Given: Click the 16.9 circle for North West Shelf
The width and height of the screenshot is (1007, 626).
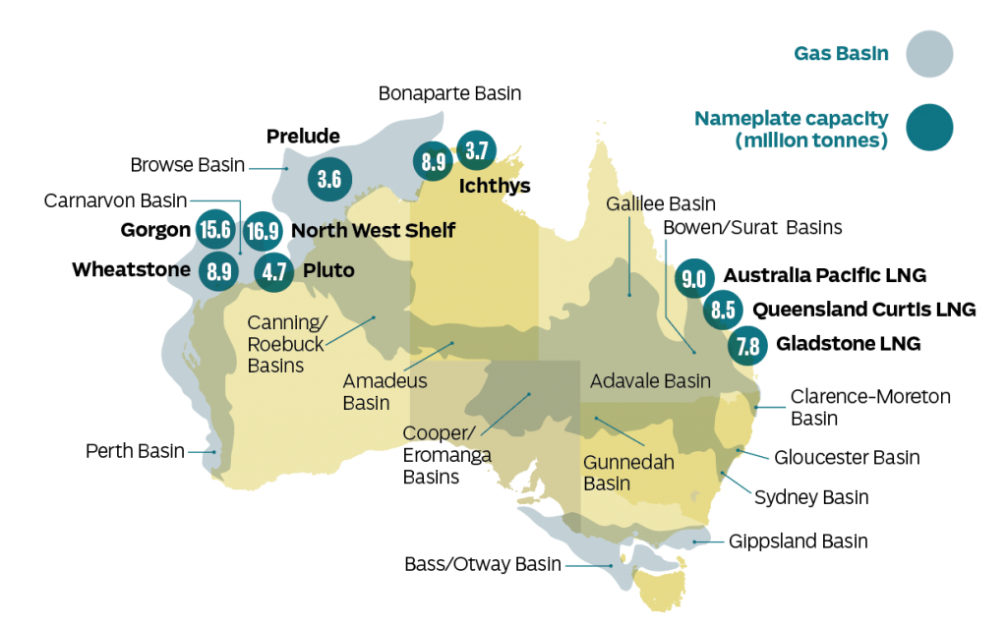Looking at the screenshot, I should (262, 231).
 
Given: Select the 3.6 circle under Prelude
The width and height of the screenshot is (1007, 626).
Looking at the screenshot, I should (329, 179).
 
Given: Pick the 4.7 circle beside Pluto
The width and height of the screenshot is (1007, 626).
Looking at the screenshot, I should (273, 270).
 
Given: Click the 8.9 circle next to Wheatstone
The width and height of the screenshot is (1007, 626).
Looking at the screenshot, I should (217, 270).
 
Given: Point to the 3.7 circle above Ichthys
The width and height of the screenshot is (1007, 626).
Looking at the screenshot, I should (478, 151).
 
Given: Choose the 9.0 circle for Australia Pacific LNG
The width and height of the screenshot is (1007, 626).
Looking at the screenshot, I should (693, 277).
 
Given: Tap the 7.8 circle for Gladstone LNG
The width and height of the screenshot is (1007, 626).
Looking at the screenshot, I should (747, 345).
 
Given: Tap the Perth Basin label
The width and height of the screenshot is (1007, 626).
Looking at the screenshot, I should (135, 452).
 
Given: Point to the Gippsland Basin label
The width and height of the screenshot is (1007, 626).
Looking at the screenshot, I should (798, 541).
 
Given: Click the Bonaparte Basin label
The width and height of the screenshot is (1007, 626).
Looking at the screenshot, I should (449, 94).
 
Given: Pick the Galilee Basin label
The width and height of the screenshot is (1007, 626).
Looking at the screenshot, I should (660, 204).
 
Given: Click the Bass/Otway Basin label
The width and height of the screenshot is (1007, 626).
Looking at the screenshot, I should (483, 565).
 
